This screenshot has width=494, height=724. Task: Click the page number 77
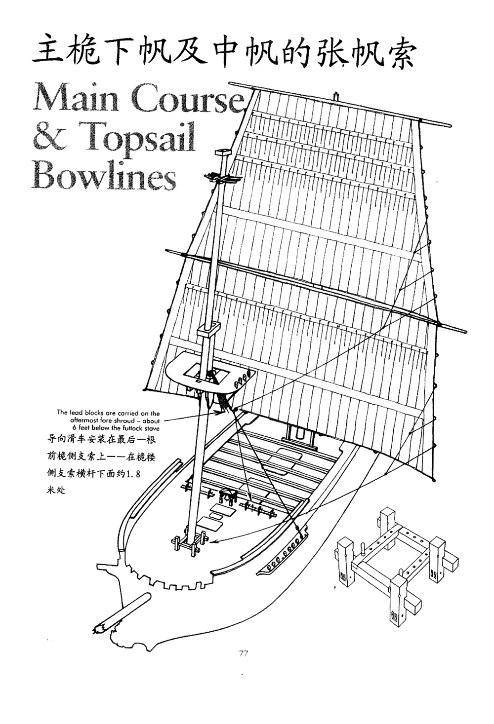243,654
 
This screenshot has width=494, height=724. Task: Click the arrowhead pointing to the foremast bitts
213,541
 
